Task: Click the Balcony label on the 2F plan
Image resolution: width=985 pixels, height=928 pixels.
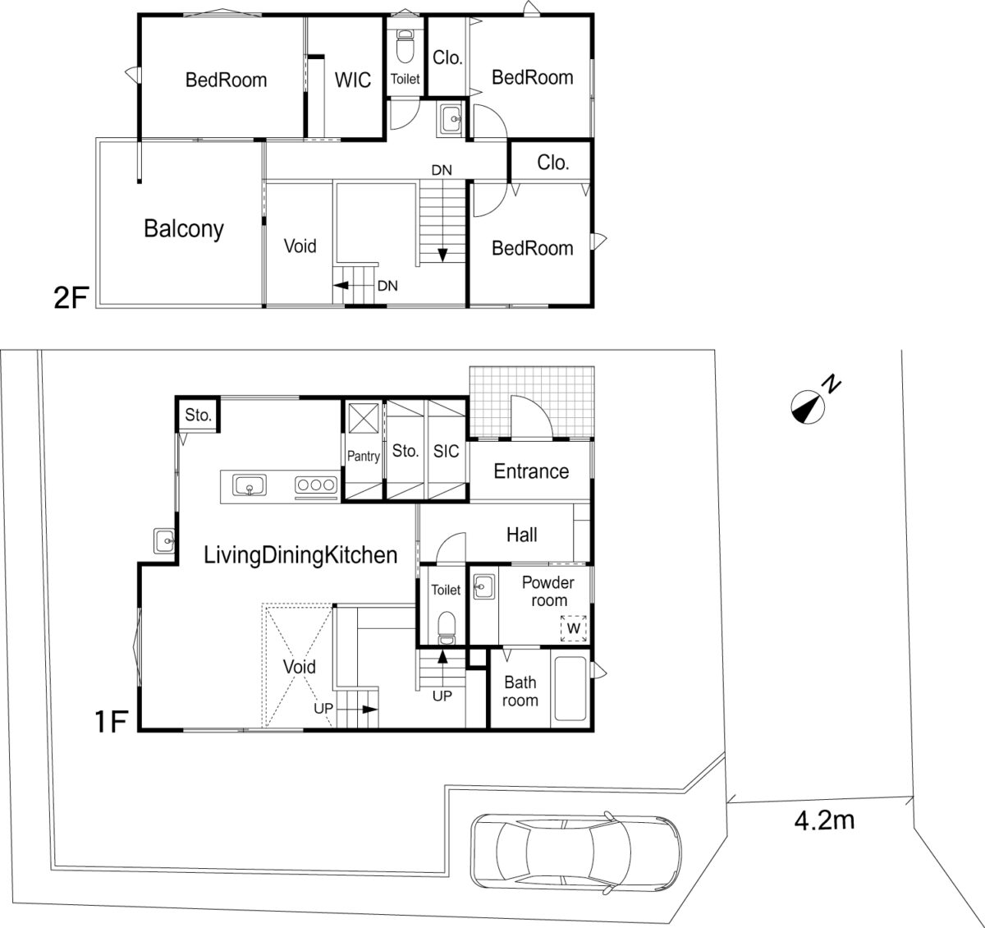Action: pyautogui.click(x=184, y=229)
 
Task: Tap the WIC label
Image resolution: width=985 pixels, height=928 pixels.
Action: pyautogui.click(x=353, y=80)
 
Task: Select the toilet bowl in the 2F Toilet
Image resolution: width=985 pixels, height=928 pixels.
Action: pyautogui.click(x=405, y=46)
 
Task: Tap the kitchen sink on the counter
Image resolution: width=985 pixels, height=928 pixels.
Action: pyautogui.click(x=250, y=485)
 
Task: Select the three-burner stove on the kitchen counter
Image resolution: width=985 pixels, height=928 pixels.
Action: pyautogui.click(x=316, y=485)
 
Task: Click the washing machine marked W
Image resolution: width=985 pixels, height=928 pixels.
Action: pyautogui.click(x=574, y=627)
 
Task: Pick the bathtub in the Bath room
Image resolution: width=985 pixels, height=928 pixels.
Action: pyautogui.click(x=570, y=689)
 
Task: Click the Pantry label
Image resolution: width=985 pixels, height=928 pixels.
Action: pyautogui.click(x=363, y=456)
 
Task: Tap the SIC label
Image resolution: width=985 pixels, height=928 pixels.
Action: pyautogui.click(x=446, y=451)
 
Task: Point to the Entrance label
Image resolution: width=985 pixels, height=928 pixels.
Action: pyautogui.click(x=531, y=471)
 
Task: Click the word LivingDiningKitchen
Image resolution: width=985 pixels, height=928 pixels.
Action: pyautogui.click(x=300, y=555)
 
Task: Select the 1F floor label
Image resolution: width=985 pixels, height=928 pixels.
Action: pyautogui.click(x=112, y=722)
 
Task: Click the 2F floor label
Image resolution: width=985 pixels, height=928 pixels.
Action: pyautogui.click(x=71, y=298)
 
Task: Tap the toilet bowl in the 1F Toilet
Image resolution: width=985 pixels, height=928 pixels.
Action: pyautogui.click(x=447, y=628)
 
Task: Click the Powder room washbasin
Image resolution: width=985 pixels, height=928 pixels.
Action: pyautogui.click(x=483, y=586)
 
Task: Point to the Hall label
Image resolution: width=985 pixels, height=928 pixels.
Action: pyautogui.click(x=522, y=535)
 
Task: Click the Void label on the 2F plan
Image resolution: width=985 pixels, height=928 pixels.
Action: pyautogui.click(x=300, y=246)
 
